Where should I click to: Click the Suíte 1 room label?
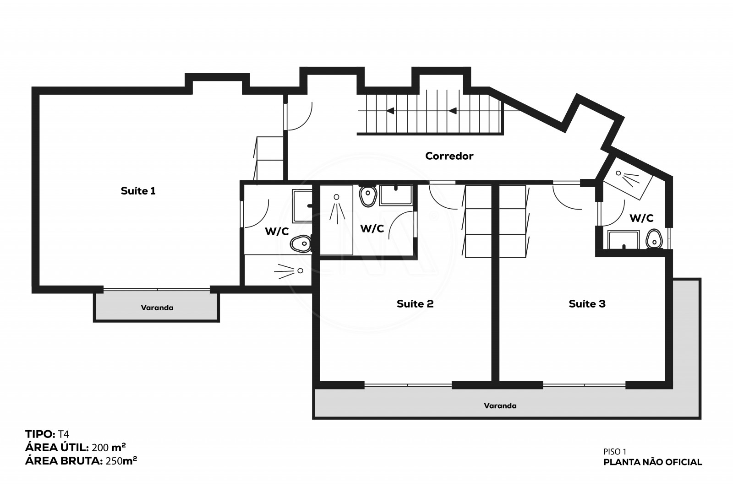coord(138,191)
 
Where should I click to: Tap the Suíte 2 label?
coord(415,304)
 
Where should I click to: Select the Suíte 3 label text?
coord(587,304)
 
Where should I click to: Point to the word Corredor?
coord(449,156)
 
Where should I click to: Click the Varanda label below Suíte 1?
coord(157,308)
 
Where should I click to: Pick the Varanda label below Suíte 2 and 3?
coord(500,405)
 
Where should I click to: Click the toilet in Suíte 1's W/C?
coord(301,244)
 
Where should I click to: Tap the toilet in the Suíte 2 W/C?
coord(368,196)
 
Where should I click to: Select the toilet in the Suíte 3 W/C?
coord(654,239)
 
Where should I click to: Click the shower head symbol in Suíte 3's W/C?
coord(628,178)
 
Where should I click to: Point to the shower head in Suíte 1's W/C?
coord(289,271)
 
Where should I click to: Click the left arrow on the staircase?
coord(390,111)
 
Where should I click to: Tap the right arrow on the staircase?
coord(453,111)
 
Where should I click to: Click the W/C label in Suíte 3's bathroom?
coord(641,218)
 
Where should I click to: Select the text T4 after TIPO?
coord(64,434)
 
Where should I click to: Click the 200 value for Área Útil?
coord(100,448)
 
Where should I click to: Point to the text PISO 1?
coord(615,452)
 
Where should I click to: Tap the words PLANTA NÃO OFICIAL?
coord(652,462)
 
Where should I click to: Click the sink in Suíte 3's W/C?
coord(624,240)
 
